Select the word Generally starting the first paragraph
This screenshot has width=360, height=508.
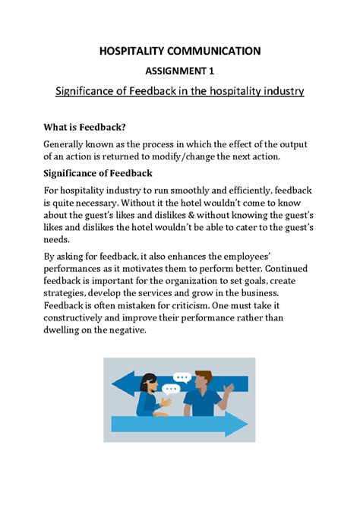(69, 144)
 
